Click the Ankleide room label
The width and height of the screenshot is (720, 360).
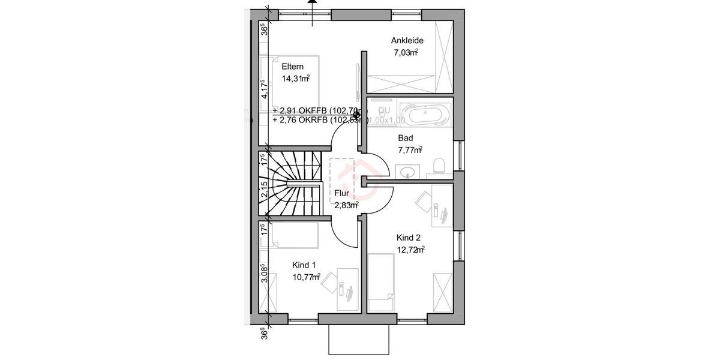[x=407, y=41]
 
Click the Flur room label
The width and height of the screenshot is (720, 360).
[x=342, y=193]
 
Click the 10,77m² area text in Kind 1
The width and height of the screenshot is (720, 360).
[x=306, y=277]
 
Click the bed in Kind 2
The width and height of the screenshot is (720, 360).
[x=380, y=282]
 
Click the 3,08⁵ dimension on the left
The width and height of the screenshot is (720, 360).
[x=263, y=273]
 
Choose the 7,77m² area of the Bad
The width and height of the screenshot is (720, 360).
[x=410, y=149]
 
